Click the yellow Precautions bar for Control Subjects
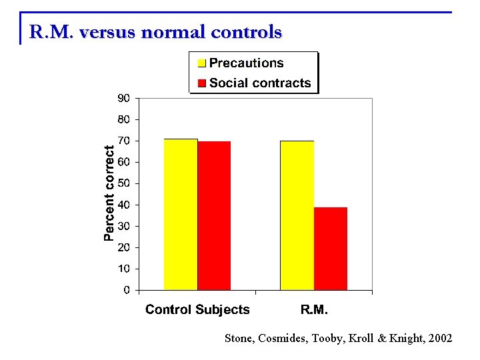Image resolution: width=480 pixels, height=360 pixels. (181, 215)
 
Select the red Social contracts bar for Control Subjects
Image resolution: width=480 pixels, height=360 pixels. (214, 215)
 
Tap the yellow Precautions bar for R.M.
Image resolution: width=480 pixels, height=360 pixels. (297, 215)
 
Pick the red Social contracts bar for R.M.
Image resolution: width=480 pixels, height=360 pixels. (331, 249)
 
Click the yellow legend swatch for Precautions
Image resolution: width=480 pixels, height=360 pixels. (201, 64)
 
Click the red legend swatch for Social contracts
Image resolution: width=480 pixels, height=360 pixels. (201, 84)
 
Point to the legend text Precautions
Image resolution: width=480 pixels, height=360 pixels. (246, 63)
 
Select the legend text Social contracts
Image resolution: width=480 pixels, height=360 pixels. (260, 83)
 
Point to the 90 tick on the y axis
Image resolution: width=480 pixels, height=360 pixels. (124, 98)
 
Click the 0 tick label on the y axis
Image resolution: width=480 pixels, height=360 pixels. (127, 290)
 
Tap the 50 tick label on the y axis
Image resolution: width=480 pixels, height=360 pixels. (124, 183)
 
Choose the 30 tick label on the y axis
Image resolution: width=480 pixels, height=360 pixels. (124, 226)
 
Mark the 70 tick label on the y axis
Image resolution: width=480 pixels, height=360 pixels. (124, 141)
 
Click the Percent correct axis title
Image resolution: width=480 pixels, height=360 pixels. (109, 193)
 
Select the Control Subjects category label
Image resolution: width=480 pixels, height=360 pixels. (197, 309)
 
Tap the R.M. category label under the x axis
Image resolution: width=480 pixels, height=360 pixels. (314, 309)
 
